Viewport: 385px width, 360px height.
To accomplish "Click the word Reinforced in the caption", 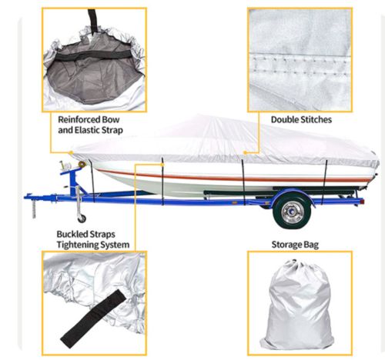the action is tap(79, 119).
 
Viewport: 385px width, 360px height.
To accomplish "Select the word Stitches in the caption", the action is tap(316, 119).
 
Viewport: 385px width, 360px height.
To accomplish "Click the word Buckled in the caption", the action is tap(71, 234).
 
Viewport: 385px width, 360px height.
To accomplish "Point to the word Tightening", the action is tap(78, 245).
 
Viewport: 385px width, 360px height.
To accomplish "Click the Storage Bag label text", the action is tap(295, 245).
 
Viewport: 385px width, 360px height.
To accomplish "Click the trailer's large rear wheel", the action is tap(292, 212).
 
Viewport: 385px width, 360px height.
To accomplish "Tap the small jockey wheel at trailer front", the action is tap(82, 218).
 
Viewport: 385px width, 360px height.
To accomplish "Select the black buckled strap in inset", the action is tap(94, 318).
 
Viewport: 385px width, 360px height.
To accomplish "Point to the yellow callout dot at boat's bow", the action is tap(71, 153).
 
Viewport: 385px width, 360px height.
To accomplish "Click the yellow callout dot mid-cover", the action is tap(245, 152).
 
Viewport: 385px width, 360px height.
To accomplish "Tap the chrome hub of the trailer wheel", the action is tap(292, 212).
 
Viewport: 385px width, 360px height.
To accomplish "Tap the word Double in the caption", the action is tap(285, 119).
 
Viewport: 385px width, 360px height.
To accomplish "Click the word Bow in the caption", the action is tap(111, 119).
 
